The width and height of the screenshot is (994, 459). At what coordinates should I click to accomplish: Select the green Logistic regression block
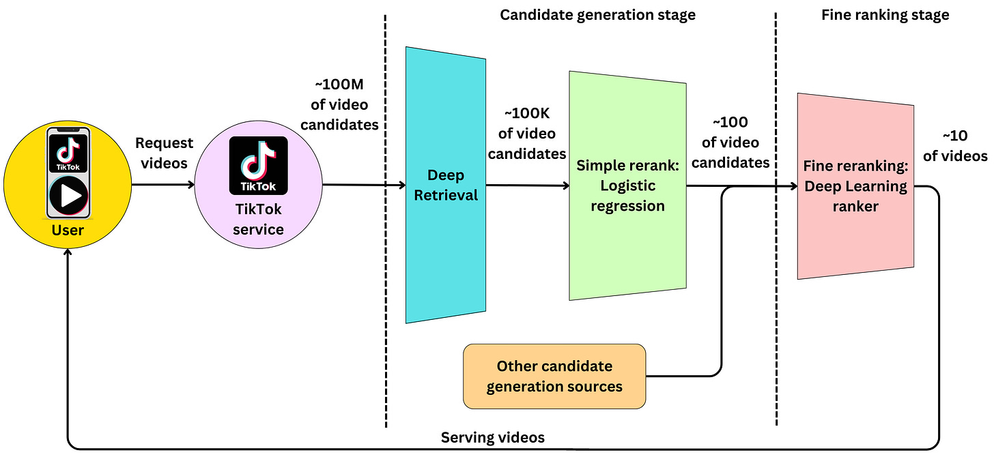point(627,252)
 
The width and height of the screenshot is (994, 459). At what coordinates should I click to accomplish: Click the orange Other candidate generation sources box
point(554,376)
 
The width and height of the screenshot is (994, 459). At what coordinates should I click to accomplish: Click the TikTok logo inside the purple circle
point(258,166)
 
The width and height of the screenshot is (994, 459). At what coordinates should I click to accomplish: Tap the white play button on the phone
point(68,196)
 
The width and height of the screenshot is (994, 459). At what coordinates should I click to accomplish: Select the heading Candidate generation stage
point(597,15)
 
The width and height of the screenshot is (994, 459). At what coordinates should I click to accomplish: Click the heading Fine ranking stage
point(885,15)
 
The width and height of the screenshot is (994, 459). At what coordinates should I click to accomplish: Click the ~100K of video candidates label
point(526,134)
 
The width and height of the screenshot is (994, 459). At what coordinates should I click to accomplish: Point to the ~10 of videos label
point(955,146)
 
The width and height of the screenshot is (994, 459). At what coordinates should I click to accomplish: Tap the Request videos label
point(164,153)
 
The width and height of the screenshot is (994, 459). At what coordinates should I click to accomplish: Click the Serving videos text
point(492,437)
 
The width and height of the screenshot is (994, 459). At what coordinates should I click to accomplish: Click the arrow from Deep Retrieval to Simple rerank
point(527,185)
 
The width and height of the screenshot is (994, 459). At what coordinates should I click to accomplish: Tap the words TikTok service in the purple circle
point(258,220)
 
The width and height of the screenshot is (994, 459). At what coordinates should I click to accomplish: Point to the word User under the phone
point(68,230)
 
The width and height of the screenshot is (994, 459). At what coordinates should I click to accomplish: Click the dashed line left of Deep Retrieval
point(386,307)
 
